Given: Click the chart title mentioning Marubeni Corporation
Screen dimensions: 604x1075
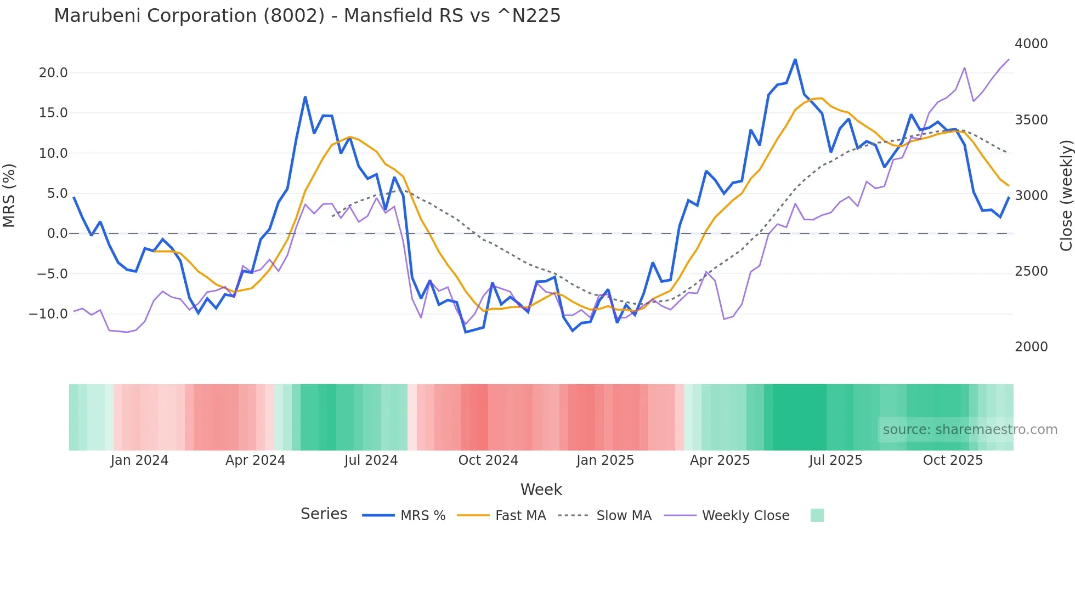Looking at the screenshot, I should (x=307, y=16).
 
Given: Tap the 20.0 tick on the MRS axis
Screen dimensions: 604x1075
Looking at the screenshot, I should (x=53, y=73).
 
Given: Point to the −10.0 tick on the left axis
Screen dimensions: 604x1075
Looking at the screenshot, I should (x=48, y=314).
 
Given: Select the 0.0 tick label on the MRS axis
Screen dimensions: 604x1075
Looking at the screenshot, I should (x=57, y=233).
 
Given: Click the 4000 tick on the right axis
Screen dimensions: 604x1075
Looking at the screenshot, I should (x=1031, y=44).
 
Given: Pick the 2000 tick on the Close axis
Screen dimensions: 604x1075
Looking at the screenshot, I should (x=1031, y=347).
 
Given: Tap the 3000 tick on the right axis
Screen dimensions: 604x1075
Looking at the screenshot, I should (x=1031, y=196).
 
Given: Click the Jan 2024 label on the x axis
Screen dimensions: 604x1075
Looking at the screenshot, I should (x=139, y=460).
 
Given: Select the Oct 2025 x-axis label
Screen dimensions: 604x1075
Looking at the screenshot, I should (x=953, y=460).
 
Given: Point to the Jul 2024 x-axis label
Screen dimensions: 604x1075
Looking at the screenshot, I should (x=371, y=460).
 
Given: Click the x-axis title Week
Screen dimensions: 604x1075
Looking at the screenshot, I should (x=541, y=489).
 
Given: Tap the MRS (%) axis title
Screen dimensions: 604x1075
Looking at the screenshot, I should (x=9, y=195).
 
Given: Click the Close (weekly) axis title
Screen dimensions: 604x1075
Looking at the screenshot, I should (x=1066, y=195).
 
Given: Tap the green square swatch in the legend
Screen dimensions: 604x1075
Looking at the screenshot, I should (x=817, y=515).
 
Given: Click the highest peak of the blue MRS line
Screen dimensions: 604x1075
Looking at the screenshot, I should (x=795, y=59).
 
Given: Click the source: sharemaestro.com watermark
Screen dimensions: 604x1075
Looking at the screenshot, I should (x=970, y=430).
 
